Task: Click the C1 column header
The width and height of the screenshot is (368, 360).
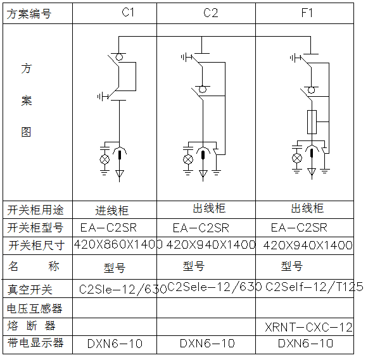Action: (128, 12)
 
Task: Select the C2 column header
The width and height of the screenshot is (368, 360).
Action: (210, 13)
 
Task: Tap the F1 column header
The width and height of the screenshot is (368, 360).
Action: (307, 13)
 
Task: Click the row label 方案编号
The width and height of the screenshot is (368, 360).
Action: (29, 13)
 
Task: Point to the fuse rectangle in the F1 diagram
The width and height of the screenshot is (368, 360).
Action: (312, 122)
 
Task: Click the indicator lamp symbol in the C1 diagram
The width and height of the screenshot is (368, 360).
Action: (105, 159)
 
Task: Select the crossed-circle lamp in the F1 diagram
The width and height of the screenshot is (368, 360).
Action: (297, 158)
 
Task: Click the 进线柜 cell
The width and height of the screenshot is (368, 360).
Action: (112, 210)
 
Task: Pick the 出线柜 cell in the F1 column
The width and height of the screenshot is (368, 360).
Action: (307, 208)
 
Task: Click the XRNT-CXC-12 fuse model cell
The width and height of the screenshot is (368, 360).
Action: (308, 327)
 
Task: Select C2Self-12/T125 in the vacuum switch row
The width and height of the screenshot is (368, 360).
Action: (314, 287)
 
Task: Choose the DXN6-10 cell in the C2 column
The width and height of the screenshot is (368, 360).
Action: (207, 344)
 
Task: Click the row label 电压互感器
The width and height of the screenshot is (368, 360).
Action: (35, 308)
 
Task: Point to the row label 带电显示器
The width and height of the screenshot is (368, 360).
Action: (35, 343)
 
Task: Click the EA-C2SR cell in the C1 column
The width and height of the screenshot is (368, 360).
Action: (108, 228)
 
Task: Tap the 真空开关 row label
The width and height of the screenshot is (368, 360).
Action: (30, 289)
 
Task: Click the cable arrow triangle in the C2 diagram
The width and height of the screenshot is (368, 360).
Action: (203, 174)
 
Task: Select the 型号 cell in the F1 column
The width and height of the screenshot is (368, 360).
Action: (292, 266)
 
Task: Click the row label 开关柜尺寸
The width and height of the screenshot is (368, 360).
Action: (36, 245)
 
